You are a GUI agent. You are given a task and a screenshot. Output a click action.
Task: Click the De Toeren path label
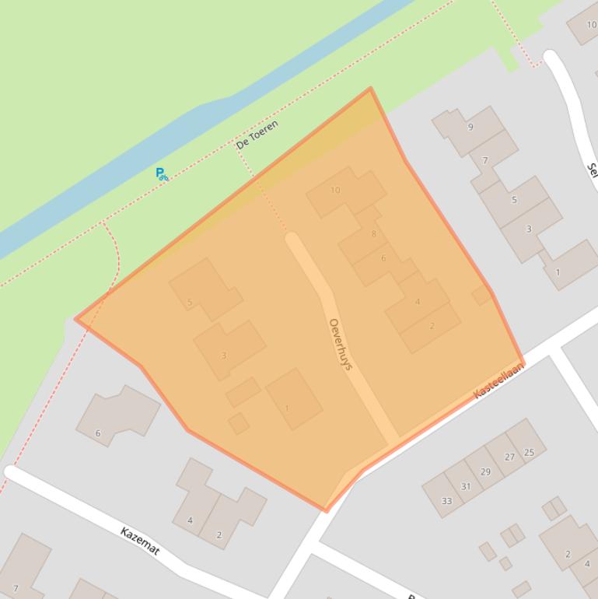pos(257,135)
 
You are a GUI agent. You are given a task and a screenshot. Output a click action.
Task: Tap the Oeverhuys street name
pos(341,344)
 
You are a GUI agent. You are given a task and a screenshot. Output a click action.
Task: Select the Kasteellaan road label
pos(498,380)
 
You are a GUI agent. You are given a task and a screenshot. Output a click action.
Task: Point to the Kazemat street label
pos(140,541)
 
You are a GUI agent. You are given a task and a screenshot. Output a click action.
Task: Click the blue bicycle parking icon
pos(161,174)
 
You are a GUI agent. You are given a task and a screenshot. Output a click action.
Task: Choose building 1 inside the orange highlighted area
pos(292,399)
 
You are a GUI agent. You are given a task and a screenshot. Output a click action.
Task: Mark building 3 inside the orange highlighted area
pos(228,349)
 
